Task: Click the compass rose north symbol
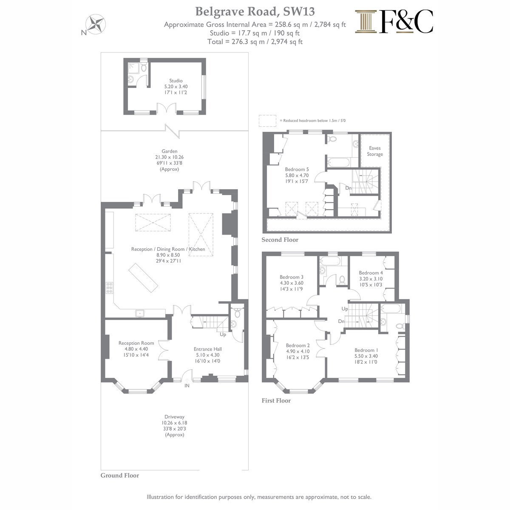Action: (96, 24)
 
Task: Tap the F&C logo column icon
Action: (365, 22)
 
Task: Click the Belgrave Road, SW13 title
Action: (255, 11)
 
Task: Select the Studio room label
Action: (176, 80)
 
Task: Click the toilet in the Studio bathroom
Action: (144, 68)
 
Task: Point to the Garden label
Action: (170, 151)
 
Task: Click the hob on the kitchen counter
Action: (109, 288)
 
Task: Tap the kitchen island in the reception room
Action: (143, 278)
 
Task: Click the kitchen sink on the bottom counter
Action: (139, 313)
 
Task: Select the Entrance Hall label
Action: (208, 349)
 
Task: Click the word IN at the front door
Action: (187, 385)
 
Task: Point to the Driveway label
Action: (174, 416)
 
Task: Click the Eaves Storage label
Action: (375, 151)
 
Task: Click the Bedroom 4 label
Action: (371, 272)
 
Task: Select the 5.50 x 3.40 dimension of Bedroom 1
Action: (366, 356)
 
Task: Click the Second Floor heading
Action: (280, 240)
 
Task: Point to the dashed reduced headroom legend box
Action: (267, 120)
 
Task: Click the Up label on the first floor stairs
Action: (345, 309)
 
